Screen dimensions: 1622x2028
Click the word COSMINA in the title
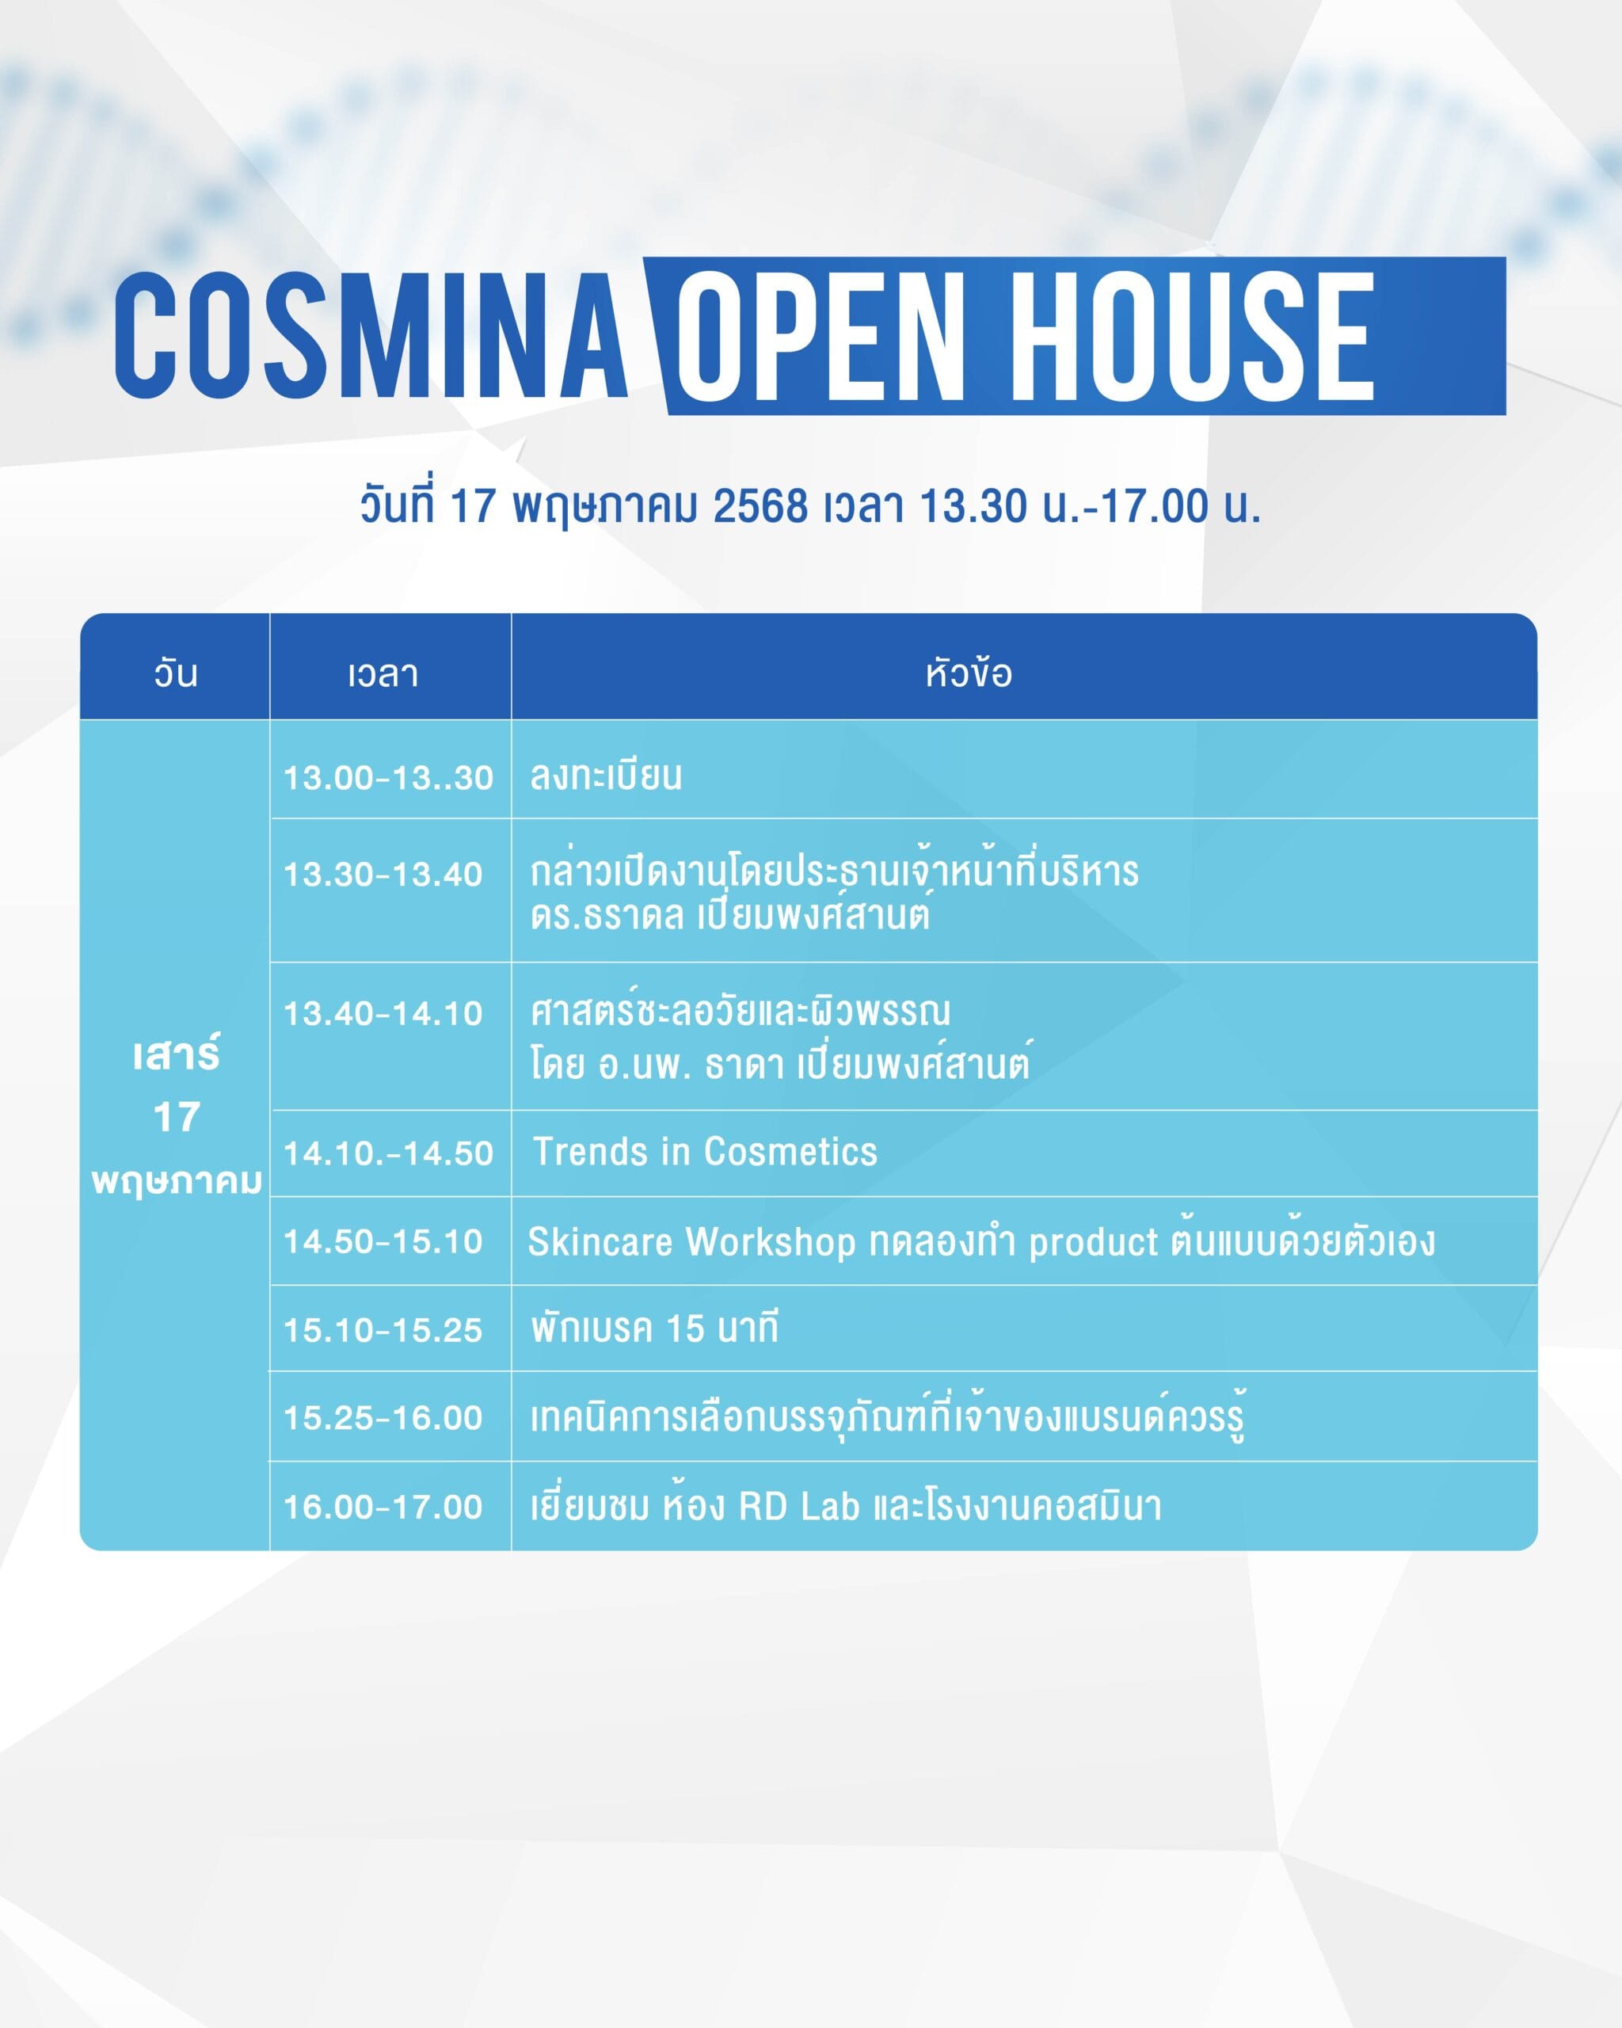[371, 336]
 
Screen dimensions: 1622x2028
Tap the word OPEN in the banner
[820, 336]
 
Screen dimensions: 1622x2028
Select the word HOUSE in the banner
[1192, 336]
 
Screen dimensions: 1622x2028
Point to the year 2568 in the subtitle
[760, 505]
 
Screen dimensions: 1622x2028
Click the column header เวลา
[383, 674]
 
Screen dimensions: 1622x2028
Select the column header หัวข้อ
[969, 673]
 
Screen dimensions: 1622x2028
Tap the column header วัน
[176, 673]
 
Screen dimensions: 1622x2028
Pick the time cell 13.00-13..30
[388, 778]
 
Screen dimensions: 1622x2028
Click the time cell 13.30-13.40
[383, 875]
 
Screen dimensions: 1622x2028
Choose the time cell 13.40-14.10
[383, 1014]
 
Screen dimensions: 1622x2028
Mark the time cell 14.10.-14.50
[388, 1153]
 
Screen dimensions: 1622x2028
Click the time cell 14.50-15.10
[383, 1241]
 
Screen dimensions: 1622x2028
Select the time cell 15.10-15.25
[383, 1330]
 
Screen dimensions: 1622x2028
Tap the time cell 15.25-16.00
[383, 1417]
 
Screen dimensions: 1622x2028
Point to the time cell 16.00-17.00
[383, 1507]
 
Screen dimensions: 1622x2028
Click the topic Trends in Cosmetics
[705, 1151]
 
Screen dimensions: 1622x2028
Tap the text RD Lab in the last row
[799, 1506]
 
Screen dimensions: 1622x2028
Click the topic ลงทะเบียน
[607, 776]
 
